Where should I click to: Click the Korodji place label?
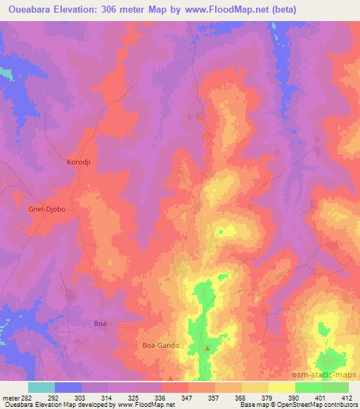pyautogui.click(x=79, y=161)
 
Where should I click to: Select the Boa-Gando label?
pyautogui.click(x=162, y=346)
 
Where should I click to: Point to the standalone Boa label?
pyautogui.click(x=101, y=323)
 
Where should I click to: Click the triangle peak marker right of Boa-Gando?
pyautogui.click(x=207, y=348)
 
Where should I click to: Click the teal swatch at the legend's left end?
pyautogui.click(x=41, y=387)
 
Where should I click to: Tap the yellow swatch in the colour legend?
pyautogui.click(x=282, y=387)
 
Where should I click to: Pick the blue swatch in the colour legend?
pyautogui.click(x=67, y=387)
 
